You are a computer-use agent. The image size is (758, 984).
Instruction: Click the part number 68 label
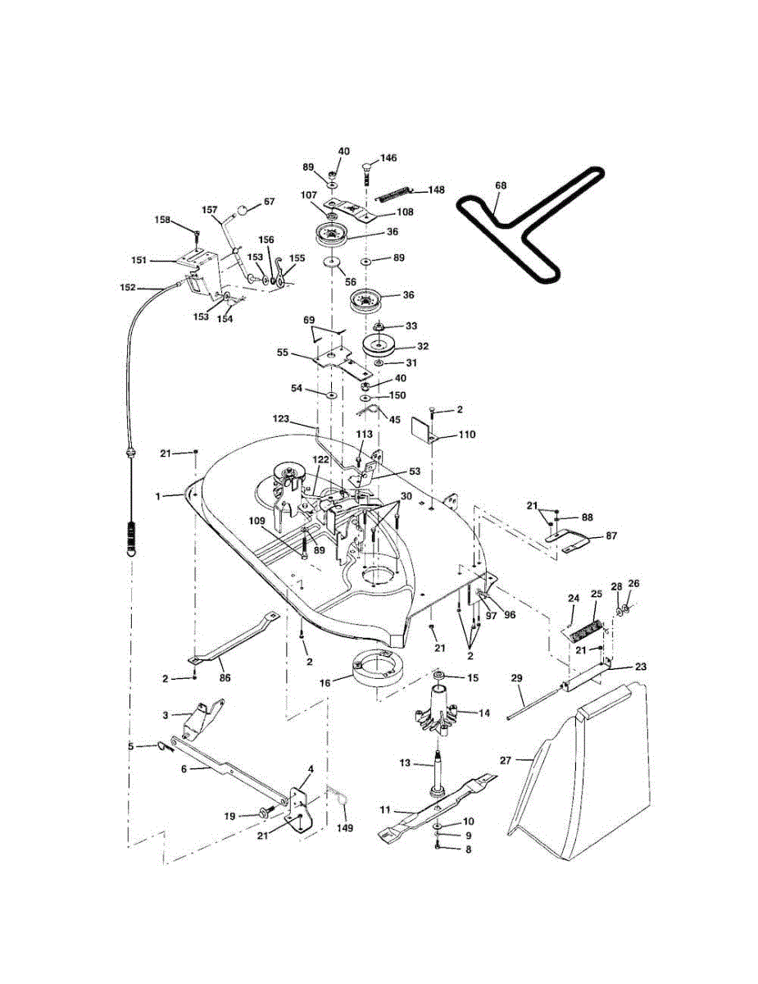click(501, 186)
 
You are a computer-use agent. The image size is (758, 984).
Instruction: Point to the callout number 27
click(506, 760)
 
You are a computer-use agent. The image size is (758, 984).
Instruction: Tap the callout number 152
click(128, 288)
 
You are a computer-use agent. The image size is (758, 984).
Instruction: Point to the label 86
click(225, 677)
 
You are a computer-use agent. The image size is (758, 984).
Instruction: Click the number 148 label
click(435, 190)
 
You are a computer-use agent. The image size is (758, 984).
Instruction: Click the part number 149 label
click(345, 828)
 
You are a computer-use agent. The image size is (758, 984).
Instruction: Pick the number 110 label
click(465, 434)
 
